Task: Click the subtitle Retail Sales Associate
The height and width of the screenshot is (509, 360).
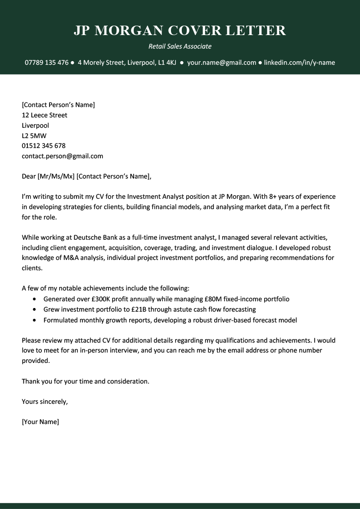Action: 180,46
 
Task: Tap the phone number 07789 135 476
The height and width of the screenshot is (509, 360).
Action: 46,63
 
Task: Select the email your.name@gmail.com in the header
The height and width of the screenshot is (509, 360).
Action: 221,63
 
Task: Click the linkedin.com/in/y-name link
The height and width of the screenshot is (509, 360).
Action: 299,63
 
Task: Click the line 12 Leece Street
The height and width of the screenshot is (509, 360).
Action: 45,115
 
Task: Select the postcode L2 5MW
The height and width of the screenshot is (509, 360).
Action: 34,136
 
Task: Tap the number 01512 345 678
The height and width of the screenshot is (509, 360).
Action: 44,146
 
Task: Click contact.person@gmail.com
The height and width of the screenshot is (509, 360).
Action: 62,156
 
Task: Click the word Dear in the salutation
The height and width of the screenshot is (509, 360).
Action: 28,177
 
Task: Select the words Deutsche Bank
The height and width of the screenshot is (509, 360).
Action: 84,237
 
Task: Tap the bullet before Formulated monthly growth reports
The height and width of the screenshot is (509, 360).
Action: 35,321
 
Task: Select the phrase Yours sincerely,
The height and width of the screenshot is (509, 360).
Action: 45,402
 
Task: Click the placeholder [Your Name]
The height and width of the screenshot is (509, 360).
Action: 40,422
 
